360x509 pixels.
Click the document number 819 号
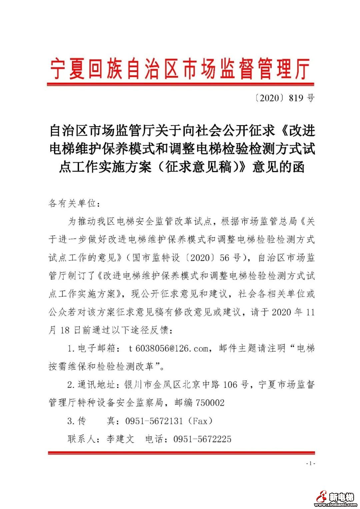302,98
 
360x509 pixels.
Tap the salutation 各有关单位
72,203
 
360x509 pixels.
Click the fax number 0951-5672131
154,421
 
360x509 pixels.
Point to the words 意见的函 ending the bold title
278,167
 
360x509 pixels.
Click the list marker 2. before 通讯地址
71,385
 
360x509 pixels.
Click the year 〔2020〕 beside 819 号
269,98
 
